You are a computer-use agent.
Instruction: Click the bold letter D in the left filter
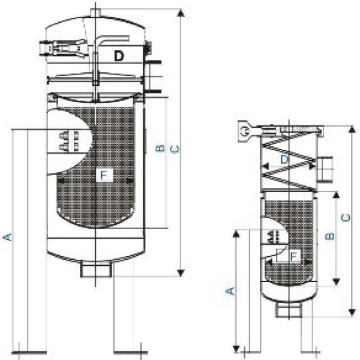click(119, 56)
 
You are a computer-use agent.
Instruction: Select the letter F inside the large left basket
click(104, 175)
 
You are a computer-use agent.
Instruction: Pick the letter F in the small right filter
click(293, 256)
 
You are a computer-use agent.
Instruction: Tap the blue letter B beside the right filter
click(329, 236)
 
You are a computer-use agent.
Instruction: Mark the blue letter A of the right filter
click(229, 290)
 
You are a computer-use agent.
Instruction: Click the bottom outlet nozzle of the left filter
click(94, 269)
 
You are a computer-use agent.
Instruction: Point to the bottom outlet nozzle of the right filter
click(289, 310)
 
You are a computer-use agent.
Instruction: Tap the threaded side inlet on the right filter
click(325, 170)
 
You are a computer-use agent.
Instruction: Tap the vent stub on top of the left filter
click(95, 12)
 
